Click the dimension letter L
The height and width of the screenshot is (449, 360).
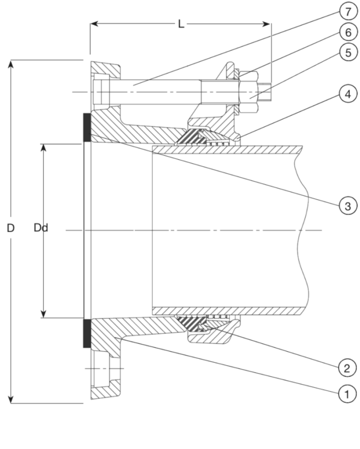coord(181,23)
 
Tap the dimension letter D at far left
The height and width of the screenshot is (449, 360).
coord(10,228)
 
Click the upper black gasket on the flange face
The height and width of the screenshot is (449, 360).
coord(85,127)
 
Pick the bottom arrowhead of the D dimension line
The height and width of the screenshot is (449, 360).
coord(11,399)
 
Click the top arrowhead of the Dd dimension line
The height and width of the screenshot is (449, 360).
coord(44,148)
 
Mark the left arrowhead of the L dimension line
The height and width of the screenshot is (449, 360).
coord(94,23)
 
